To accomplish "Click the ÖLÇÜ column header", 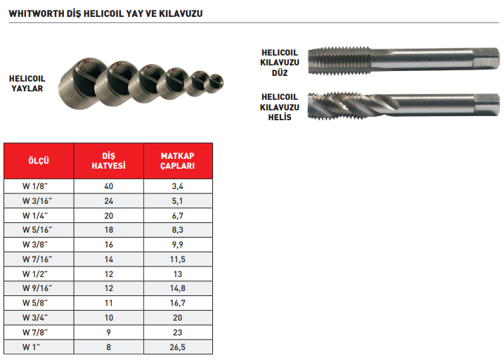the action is (39, 161).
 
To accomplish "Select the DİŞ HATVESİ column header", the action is (109, 161).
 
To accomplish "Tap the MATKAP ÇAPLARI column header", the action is (178, 161).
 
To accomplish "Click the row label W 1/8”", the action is (35, 186).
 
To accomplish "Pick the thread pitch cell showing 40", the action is (109, 186).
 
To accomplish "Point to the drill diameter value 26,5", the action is (178, 347).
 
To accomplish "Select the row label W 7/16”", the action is (37, 259).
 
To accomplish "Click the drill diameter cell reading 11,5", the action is (178, 259).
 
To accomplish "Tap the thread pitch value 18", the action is (109, 230).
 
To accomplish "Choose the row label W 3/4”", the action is (35, 318).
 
